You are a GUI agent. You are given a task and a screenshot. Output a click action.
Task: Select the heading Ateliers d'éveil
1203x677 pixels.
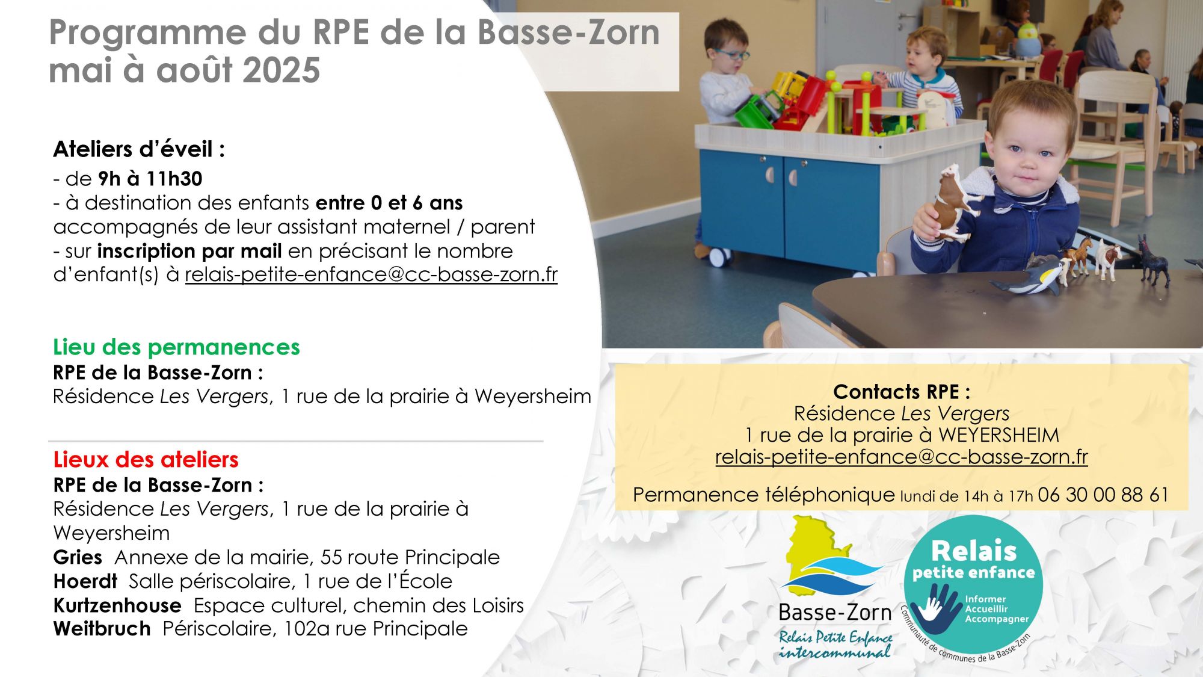pyautogui.click(x=139, y=149)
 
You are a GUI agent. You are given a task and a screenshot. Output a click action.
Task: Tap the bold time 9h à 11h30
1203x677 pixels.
pyautogui.click(x=150, y=179)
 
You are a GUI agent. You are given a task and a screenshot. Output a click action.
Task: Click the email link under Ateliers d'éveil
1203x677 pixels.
pyautogui.click(x=371, y=274)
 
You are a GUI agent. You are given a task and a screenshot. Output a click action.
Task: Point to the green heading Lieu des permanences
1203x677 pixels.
pyautogui.click(x=176, y=347)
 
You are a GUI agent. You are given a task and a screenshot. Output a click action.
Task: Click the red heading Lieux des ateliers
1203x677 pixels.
pyautogui.click(x=146, y=460)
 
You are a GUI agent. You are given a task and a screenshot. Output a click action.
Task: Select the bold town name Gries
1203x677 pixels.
pyautogui.click(x=78, y=557)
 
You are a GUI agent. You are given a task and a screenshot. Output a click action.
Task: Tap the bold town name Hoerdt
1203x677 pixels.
pyautogui.click(x=85, y=581)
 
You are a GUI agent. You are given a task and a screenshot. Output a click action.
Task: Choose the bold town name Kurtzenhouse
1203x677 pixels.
pyautogui.click(x=117, y=605)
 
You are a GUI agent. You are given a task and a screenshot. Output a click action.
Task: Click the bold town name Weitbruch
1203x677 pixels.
pyautogui.click(x=102, y=629)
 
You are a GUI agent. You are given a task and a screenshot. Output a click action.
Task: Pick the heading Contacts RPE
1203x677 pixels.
pyautogui.click(x=902, y=392)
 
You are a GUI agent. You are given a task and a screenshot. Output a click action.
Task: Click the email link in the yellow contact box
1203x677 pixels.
pyautogui.click(x=902, y=457)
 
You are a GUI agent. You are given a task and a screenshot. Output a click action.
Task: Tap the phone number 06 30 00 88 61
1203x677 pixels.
pyautogui.click(x=1103, y=495)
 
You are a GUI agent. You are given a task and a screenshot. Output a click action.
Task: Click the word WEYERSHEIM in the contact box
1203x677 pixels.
pyautogui.click(x=999, y=435)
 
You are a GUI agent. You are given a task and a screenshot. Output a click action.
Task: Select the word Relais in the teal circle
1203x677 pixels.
pyautogui.click(x=974, y=551)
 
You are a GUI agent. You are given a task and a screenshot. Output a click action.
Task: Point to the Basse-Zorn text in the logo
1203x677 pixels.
pyautogui.click(x=835, y=613)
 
